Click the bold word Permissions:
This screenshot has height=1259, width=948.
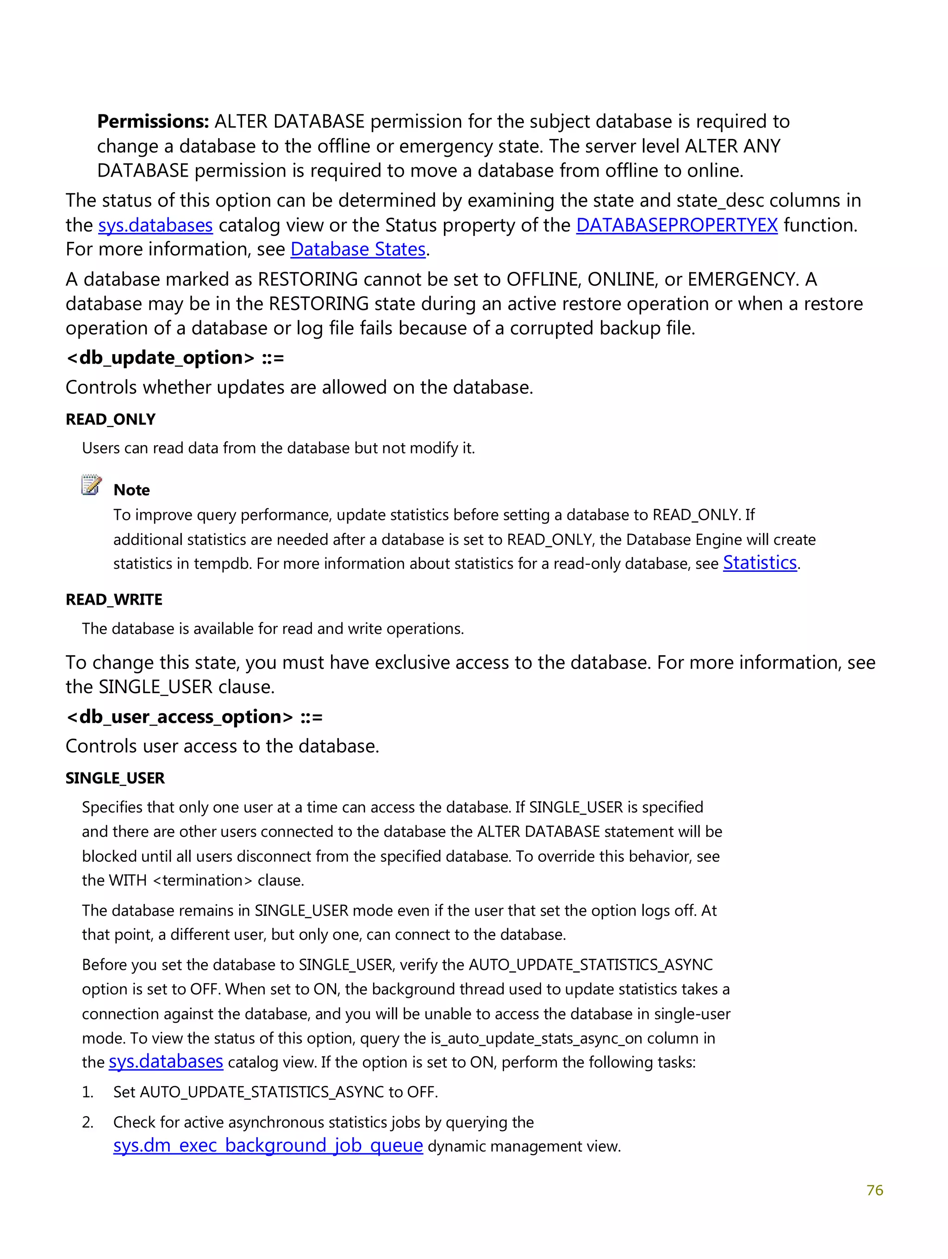click(153, 122)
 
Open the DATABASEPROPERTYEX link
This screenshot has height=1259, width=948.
click(676, 225)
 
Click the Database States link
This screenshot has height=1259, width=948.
click(358, 250)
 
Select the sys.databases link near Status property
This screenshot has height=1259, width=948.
click(155, 225)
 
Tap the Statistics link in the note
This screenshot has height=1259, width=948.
click(759, 563)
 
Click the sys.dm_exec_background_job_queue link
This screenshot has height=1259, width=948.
click(268, 1146)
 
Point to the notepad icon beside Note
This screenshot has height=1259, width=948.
click(91, 485)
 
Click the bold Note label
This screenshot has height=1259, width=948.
click(131, 490)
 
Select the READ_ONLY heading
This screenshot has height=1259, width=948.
click(110, 419)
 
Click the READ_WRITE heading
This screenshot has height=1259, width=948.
click(114, 600)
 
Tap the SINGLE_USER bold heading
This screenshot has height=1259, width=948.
click(115, 778)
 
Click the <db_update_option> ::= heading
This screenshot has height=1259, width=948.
click(175, 358)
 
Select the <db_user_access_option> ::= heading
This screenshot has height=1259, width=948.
click(194, 717)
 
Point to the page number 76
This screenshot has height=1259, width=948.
click(874, 1190)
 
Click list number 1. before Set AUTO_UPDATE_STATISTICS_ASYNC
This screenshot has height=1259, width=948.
click(87, 1092)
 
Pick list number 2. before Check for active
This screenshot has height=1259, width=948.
click(87, 1122)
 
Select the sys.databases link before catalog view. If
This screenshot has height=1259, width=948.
click(166, 1062)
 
